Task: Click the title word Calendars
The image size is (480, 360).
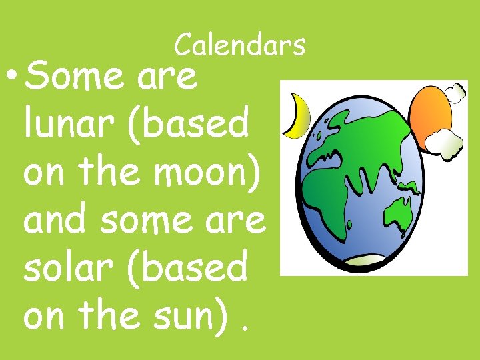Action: [240, 45]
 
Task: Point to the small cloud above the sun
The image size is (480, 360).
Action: [455, 93]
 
